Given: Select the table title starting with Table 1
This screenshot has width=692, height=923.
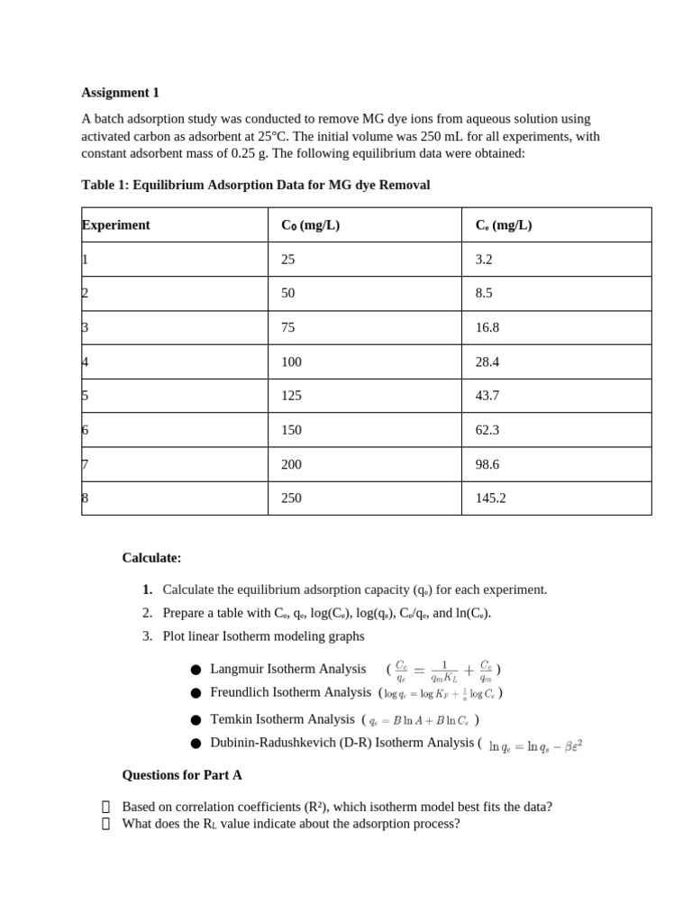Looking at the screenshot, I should tap(255, 185).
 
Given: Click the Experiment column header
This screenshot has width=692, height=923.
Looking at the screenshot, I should tap(116, 225).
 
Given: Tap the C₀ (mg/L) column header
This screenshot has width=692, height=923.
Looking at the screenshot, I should tap(310, 225).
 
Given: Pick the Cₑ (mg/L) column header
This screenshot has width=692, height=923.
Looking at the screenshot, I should tap(504, 225).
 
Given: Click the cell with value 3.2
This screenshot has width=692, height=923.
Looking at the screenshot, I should tap(484, 260).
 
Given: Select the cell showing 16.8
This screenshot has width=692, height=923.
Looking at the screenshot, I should tap(487, 328).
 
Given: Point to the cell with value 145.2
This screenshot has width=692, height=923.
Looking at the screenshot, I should tap(490, 498).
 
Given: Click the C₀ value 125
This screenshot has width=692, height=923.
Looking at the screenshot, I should tap(291, 397).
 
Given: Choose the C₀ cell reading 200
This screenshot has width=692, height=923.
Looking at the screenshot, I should tap(291, 465).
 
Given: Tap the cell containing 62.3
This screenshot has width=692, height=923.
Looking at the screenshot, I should tap(487, 431).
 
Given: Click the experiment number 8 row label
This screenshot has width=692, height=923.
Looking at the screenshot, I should tap(86, 498).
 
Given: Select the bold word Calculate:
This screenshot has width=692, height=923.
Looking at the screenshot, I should tap(151, 558).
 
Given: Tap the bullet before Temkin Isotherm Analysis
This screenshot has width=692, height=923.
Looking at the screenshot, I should tap(196, 720).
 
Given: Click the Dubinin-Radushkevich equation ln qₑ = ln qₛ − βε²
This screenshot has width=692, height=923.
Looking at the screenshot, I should tap(535, 746).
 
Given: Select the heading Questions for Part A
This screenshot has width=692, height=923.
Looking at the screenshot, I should tap(182, 775).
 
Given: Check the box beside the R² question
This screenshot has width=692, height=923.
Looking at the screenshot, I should tap(106, 807).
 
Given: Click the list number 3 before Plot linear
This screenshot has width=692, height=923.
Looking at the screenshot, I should tap(147, 636).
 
